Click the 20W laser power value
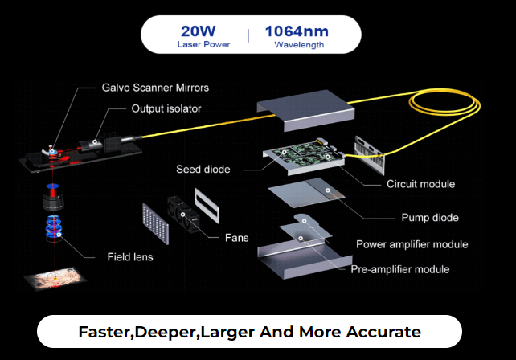coord(197,31)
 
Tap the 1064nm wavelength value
coord(299,31)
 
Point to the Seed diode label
coord(203,170)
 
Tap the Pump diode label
coord(430,217)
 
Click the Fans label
coord(236,238)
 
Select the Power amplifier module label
coord(412,244)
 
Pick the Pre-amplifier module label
coord(399,269)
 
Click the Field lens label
coord(130,258)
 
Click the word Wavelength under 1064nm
coord(299,45)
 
